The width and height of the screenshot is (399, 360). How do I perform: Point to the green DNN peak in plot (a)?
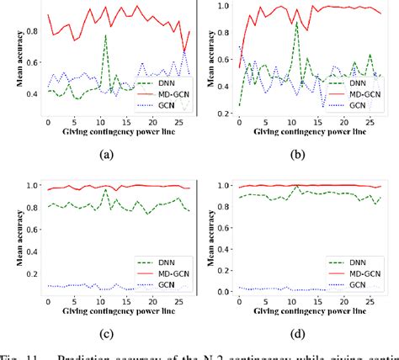coord(105,35)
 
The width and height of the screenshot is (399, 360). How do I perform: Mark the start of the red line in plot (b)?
coord(239,67)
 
